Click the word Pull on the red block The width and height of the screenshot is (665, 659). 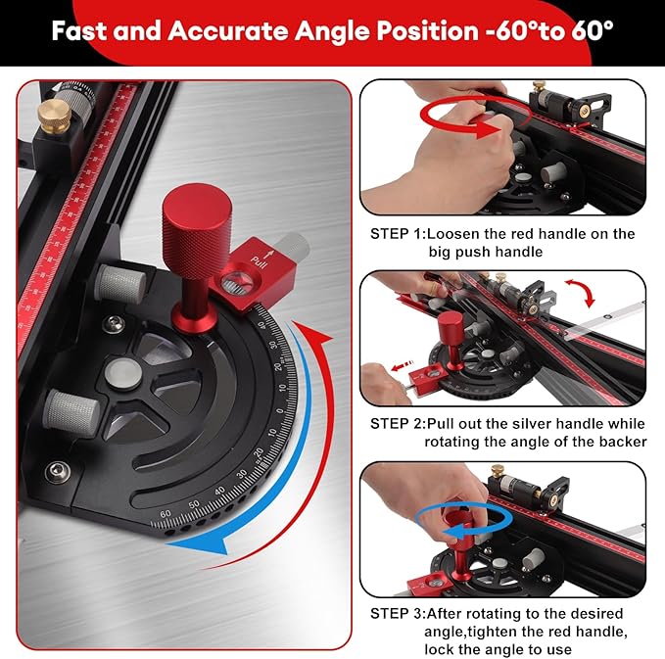coord(258,261)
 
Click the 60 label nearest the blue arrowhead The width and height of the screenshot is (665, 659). coord(165,512)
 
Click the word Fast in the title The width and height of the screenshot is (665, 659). coord(79,29)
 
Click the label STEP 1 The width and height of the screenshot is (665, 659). coord(396,234)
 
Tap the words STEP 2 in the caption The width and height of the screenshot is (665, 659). coord(396,423)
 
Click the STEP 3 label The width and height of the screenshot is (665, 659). coord(396,613)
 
